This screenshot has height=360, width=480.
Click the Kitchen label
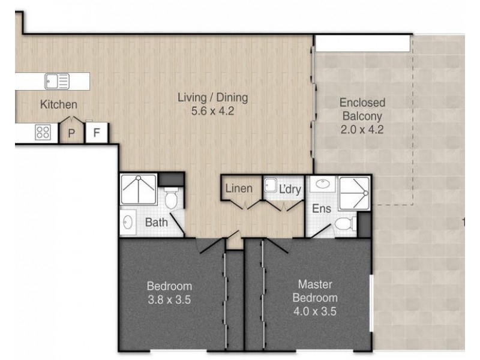(58, 104)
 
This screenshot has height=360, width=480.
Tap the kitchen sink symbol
(57, 81)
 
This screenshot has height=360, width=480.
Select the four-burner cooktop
(43, 133)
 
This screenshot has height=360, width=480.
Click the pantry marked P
(71, 131)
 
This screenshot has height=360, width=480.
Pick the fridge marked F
(97, 132)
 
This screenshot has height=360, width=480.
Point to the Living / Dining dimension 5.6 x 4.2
(213, 111)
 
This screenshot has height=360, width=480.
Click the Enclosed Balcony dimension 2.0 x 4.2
(362, 130)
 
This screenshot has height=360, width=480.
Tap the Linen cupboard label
(239, 188)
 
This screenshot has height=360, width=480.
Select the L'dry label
(290, 189)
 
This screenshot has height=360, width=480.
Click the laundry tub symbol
(271, 185)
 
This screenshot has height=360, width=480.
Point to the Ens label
(322, 208)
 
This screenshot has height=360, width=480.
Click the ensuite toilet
(346, 224)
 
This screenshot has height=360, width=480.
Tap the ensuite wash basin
(322, 184)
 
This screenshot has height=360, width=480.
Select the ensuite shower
(354, 193)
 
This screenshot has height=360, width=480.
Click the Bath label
(156, 222)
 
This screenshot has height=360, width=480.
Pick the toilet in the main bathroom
(171, 198)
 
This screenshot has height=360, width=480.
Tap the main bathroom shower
(139, 189)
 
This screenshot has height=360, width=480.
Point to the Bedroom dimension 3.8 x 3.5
(169, 299)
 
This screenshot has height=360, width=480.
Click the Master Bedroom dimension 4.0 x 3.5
(315, 311)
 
